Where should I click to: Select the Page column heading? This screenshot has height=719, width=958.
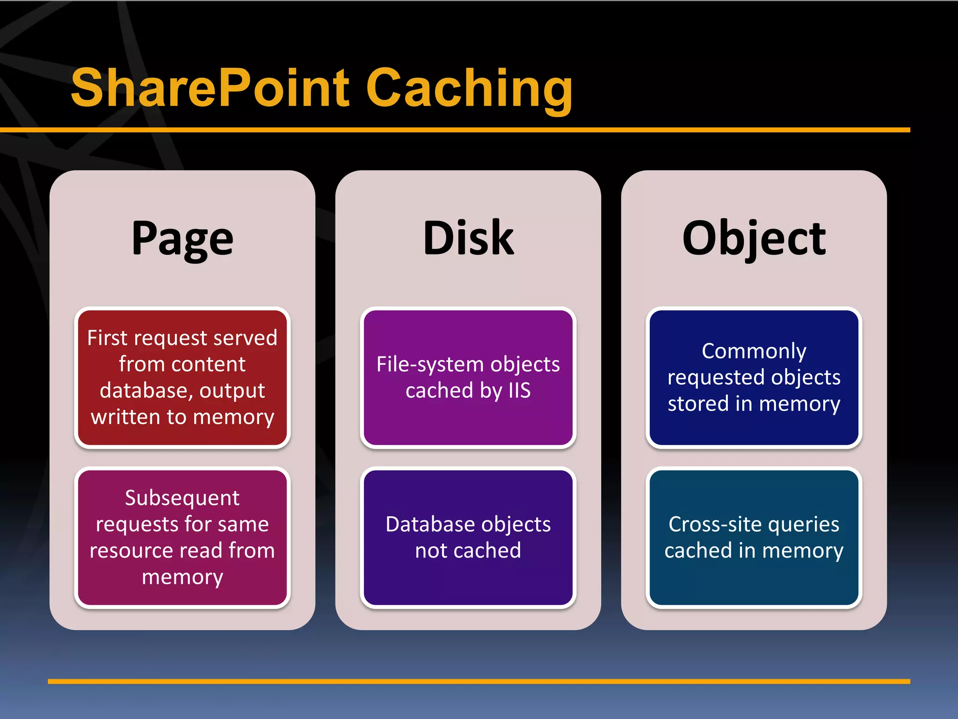pyautogui.click(x=182, y=239)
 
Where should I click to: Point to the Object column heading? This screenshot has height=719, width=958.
pyautogui.click(x=754, y=239)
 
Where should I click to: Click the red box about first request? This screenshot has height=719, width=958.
pyautogui.click(x=182, y=377)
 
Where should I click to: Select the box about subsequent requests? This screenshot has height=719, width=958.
pyautogui.click(x=182, y=537)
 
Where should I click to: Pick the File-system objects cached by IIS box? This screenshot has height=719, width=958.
pyautogui.click(x=468, y=377)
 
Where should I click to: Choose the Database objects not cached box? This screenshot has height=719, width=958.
pyautogui.click(x=468, y=537)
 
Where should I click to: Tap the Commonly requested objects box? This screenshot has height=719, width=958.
pyautogui.click(x=754, y=377)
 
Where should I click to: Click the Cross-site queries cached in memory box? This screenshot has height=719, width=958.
pyautogui.click(x=754, y=537)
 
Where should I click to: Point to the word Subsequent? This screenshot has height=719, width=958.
pyautogui.click(x=182, y=498)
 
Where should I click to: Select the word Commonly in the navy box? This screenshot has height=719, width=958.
pyautogui.click(x=754, y=351)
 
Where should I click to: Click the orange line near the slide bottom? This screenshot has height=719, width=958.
pyautogui.click(x=479, y=682)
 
